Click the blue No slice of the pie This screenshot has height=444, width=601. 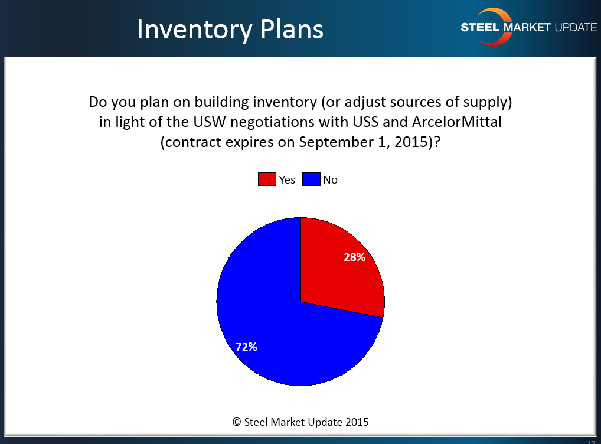pos(276,326)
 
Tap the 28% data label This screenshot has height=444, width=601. pos(354,257)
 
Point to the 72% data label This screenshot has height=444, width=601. pos(246,347)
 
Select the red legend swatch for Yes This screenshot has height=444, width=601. pos(267,179)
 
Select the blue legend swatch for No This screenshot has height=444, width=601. pos(311,179)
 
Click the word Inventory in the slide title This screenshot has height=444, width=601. pos(194,30)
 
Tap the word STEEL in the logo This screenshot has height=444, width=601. pos(480,27)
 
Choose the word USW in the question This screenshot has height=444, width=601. pos(210,122)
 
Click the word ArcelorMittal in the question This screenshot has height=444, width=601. pos(457,122)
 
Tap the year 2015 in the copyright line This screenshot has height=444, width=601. pos(357,422)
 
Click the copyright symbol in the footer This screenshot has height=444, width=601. pos(237,422)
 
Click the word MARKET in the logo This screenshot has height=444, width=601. pos(527,27)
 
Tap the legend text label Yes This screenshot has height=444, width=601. pos(287,180)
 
